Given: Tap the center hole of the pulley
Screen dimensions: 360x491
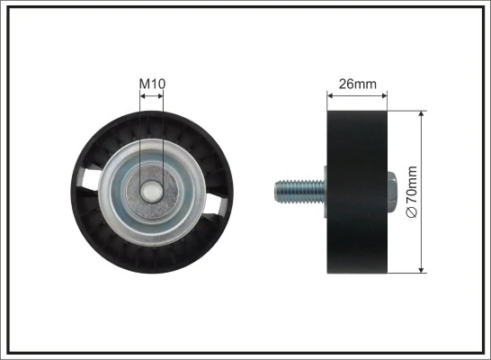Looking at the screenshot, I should [152, 193].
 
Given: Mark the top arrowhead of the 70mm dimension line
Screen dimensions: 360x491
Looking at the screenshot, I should [421, 115].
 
